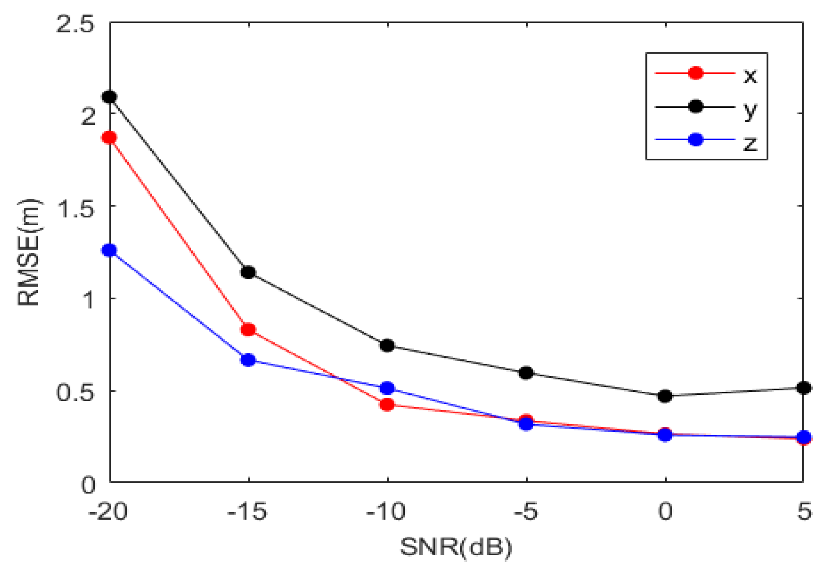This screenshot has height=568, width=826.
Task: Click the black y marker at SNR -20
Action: (x=109, y=97)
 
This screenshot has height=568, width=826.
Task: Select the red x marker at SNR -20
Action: (x=109, y=138)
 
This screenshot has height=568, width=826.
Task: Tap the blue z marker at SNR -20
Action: (x=109, y=250)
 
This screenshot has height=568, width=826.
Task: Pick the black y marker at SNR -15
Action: (x=248, y=272)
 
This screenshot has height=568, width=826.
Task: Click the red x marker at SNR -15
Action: (x=248, y=329)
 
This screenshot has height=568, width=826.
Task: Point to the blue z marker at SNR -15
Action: (x=248, y=360)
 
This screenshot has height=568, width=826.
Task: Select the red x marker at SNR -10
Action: (x=387, y=404)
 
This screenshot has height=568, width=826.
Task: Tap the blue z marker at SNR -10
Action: (x=387, y=388)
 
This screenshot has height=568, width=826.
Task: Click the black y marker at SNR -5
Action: (x=526, y=373)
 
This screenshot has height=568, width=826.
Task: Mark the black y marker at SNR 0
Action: (x=665, y=396)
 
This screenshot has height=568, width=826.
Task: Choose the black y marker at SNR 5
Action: (x=804, y=388)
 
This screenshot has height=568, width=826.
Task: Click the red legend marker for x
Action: (x=695, y=73)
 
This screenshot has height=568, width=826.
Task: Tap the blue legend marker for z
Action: (x=695, y=140)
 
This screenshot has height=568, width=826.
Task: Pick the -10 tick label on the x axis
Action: (x=386, y=512)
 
